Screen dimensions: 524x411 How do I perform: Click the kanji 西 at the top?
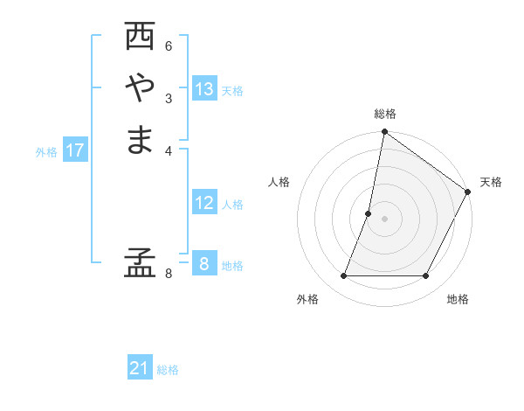[140, 37]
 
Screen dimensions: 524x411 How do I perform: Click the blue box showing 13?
[204, 89]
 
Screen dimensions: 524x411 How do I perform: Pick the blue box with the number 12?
[204, 203]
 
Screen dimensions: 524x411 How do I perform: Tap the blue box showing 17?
[75, 150]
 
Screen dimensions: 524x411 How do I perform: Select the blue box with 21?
[140, 368]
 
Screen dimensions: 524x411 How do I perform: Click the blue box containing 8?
[203, 263]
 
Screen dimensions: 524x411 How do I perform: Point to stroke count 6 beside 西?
[169, 46]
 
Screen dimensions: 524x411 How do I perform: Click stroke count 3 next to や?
[169, 97]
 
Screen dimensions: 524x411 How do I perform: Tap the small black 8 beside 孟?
[169, 274]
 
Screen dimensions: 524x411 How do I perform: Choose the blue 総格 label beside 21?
[168, 370]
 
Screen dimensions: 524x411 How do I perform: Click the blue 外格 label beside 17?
[46, 152]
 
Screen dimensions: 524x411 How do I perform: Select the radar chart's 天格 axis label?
[491, 182]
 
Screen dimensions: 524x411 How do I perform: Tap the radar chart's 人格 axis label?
[279, 182]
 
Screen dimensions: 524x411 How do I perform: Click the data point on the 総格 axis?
[384, 133]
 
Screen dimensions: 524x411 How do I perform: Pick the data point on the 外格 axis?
[344, 275]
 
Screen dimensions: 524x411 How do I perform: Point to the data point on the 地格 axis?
[425, 275]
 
